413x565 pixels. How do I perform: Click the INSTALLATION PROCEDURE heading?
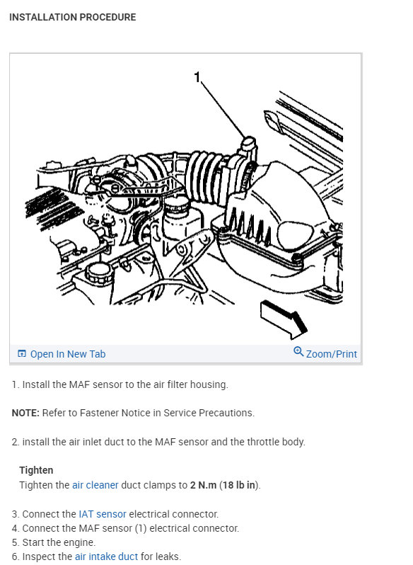click(x=72, y=17)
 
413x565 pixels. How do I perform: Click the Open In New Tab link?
click(x=67, y=354)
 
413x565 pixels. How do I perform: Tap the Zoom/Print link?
click(x=331, y=354)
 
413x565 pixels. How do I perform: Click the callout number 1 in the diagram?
click(x=198, y=77)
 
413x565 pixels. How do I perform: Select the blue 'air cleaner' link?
click(x=95, y=485)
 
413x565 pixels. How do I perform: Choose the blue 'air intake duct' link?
click(x=106, y=557)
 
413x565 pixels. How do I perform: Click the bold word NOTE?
click(x=25, y=413)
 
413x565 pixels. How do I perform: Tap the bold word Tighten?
click(x=36, y=470)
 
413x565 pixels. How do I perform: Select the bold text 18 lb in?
click(x=240, y=485)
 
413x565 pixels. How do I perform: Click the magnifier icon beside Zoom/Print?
click(x=298, y=353)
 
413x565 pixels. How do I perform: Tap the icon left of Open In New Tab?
click(x=22, y=354)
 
